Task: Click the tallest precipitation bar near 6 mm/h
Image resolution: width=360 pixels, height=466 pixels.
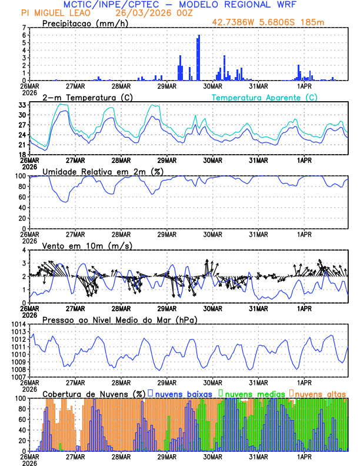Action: pos(199,58)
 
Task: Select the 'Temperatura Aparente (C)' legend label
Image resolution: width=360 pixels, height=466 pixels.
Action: pos(265,97)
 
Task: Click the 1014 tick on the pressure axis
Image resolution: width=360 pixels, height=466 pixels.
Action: pos(18,324)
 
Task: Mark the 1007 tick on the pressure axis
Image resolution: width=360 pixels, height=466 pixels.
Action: pos(18,377)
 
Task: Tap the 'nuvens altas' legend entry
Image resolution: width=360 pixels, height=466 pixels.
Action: pos(320,393)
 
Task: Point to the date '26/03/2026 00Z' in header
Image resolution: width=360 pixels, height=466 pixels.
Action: pos(149,13)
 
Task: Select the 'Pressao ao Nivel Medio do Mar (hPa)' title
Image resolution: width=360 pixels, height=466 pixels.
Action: pos(120,319)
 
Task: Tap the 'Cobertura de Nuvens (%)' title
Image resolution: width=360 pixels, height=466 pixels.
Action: pos(94,393)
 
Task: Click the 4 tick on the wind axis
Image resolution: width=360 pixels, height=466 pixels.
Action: pos(25,250)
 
